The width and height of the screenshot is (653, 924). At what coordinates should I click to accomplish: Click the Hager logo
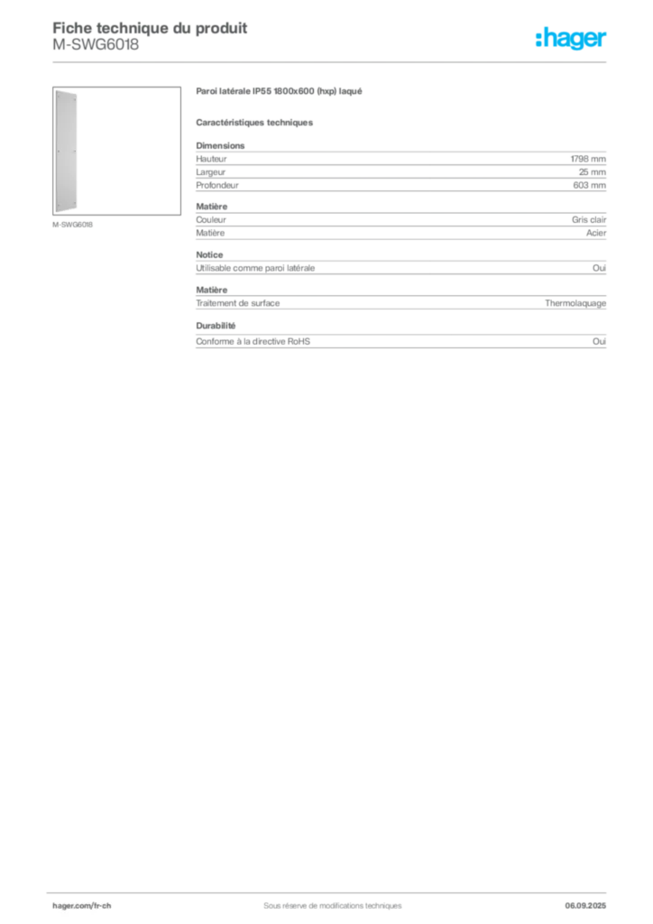coord(571,38)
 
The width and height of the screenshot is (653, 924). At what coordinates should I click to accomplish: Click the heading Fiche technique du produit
coord(150,28)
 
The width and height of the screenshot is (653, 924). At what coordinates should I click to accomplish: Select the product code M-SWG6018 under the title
coord(96,45)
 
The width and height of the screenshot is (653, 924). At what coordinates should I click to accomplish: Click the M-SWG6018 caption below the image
coord(72,225)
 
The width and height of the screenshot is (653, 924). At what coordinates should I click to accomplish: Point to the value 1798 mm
coord(588,159)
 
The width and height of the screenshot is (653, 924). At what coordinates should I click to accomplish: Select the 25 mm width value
coord(592,172)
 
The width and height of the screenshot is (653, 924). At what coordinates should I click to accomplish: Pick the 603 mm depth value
coord(589,185)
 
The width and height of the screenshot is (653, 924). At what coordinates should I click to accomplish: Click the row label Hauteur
coord(211,159)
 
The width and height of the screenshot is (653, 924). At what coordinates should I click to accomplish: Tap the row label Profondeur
coord(217,185)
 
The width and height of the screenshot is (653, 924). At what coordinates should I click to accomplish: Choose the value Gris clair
coord(589,220)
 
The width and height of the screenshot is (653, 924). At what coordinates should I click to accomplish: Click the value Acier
coord(596,233)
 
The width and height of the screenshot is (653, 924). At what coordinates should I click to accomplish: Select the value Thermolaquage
coord(575,303)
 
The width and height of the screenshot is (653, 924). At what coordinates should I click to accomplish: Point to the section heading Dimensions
coord(220,145)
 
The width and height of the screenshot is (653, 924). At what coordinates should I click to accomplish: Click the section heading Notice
coord(209,254)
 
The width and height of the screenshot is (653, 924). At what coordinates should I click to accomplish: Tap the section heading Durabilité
coord(216,325)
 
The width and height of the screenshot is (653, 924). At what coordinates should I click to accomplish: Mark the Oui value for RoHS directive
coord(600,341)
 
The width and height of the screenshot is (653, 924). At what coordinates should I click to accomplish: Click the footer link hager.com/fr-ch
coord(82,906)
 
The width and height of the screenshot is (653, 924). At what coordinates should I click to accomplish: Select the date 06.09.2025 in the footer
coord(585,906)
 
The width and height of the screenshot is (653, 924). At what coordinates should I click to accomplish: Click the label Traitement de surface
coord(238,303)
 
